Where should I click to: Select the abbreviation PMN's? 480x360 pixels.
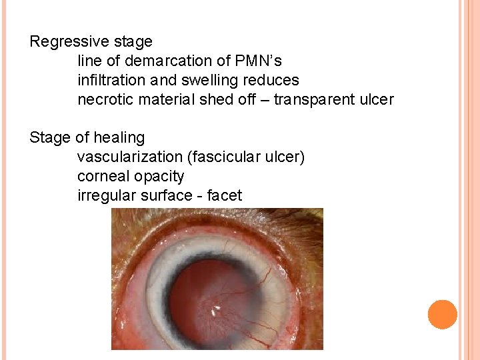click(258, 61)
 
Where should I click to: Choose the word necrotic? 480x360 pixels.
click(103, 100)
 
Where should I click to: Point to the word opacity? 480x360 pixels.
click(160, 177)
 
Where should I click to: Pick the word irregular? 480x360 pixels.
click(104, 196)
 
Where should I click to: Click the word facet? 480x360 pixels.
click(225, 196)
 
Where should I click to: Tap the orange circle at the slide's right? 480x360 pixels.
click(442, 315)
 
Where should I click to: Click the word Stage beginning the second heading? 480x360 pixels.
click(50, 138)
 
